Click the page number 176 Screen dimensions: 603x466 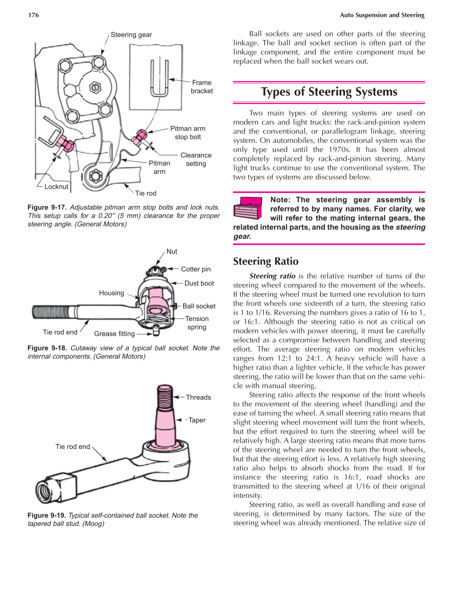point(33,15)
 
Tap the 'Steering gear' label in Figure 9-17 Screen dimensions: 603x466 point(131,35)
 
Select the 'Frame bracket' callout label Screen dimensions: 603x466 point(202,87)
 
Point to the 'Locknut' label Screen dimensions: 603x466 point(56,186)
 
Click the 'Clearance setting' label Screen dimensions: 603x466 point(196,159)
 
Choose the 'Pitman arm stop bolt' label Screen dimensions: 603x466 point(188,133)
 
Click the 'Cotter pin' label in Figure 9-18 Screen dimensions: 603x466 point(196,269)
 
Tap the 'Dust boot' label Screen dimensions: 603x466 point(199,283)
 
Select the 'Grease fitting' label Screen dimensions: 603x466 point(114,334)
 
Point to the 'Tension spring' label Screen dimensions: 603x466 point(197,323)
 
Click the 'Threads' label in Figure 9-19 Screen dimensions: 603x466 point(198,397)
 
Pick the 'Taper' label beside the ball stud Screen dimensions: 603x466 point(197,420)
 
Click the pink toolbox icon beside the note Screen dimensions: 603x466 point(248,208)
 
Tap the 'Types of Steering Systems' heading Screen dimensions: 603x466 point(329,92)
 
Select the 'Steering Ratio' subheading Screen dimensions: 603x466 point(265,261)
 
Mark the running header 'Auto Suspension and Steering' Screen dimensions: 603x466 point(382,15)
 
